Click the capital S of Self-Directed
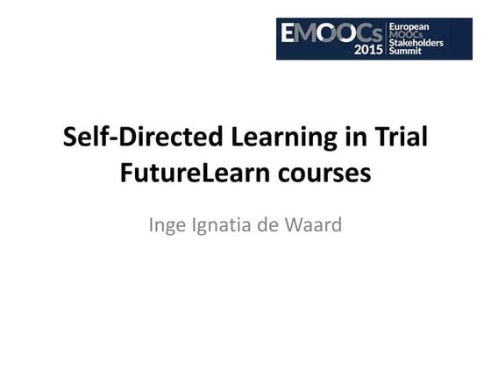[73, 139]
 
